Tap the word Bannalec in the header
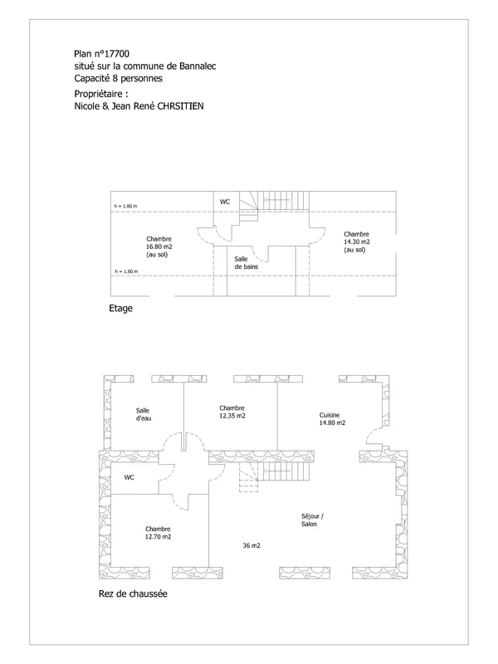[x=198, y=66]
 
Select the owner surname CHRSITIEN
[x=180, y=106]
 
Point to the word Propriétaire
[x=99, y=94]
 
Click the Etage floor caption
[x=120, y=308]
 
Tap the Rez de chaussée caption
[x=133, y=593]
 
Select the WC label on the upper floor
[x=225, y=202]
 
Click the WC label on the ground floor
[x=129, y=477]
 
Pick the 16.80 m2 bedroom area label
[x=159, y=247]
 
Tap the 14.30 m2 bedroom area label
[x=357, y=242]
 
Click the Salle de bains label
[x=246, y=263]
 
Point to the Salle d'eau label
[x=143, y=414]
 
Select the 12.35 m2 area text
[x=232, y=416]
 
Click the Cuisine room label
[x=330, y=415]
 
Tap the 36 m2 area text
[x=251, y=545]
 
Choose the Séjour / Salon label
[x=313, y=520]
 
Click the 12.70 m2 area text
[x=159, y=536]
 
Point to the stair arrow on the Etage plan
[x=277, y=200]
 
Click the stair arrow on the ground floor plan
[x=277, y=471]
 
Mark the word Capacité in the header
[x=92, y=78]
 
